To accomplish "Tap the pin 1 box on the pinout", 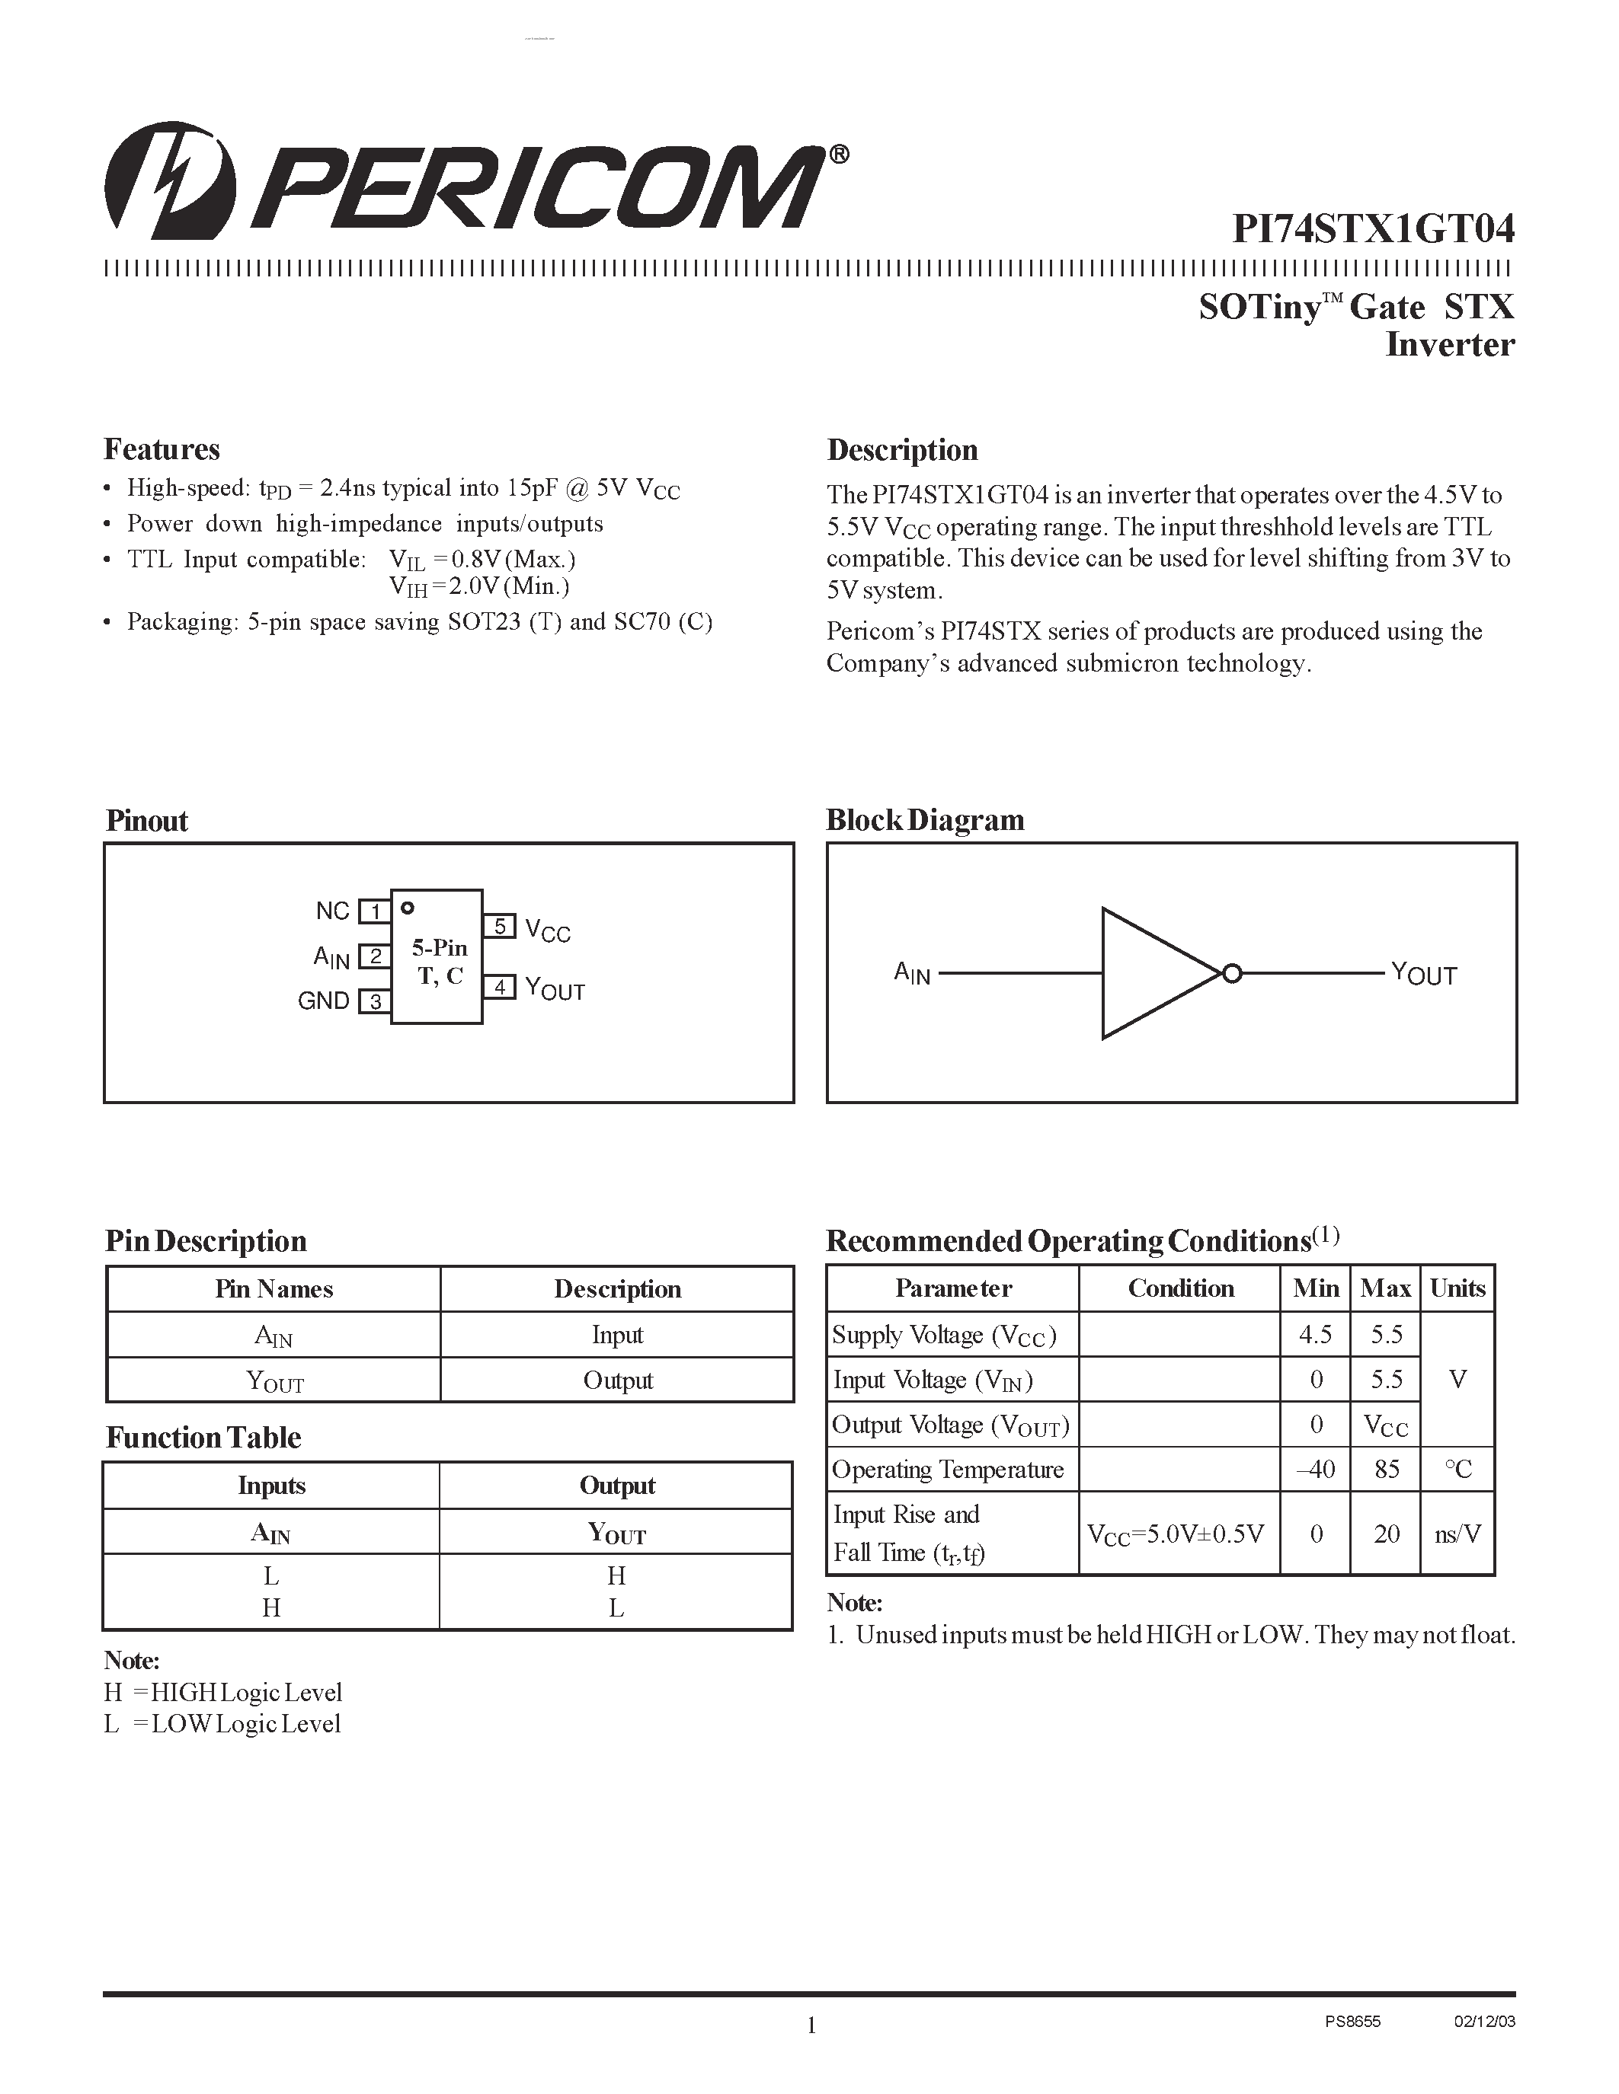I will (374, 911).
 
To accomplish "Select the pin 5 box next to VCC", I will (500, 926).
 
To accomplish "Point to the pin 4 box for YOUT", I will (500, 987).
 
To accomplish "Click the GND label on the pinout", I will (323, 1001).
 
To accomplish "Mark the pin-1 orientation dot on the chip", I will (408, 907).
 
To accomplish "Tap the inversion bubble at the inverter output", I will (1233, 974).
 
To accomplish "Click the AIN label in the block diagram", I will (912, 974).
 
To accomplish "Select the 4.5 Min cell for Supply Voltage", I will (1315, 1335).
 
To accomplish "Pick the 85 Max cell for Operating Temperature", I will (1386, 1470).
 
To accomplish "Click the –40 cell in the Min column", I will (1315, 1470).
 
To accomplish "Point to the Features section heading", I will (162, 450).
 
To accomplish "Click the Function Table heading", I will (203, 1437).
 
